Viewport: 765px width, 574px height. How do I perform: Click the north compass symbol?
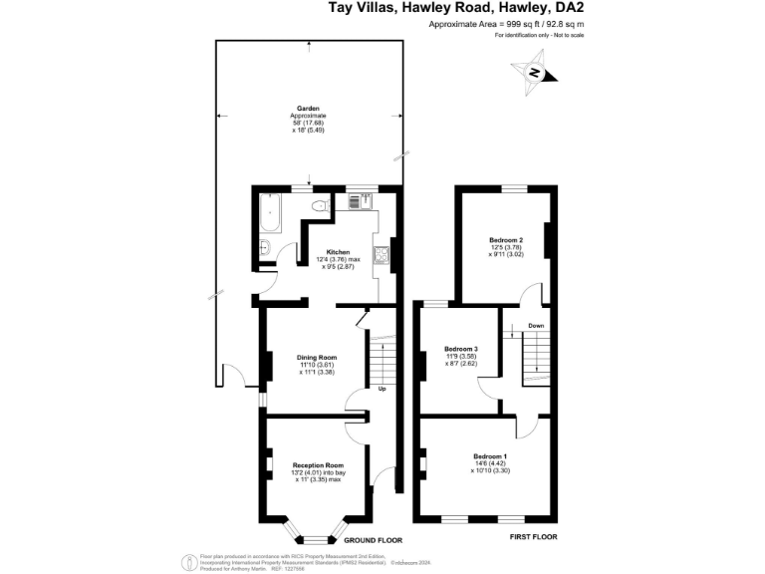pos(535,74)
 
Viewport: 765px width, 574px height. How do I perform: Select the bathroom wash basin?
pos(266,248)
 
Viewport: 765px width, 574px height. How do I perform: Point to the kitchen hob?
pos(381,256)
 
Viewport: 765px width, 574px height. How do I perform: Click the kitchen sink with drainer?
pos(360,202)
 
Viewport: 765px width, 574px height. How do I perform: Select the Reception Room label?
pos(318,465)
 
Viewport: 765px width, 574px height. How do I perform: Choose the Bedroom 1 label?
pos(490,456)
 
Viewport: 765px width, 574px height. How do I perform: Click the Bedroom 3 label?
pos(460,349)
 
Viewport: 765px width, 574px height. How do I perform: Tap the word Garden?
pos(308,109)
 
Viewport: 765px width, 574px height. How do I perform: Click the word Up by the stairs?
pos(382,389)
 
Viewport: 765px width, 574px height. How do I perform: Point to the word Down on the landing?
pos(536,326)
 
